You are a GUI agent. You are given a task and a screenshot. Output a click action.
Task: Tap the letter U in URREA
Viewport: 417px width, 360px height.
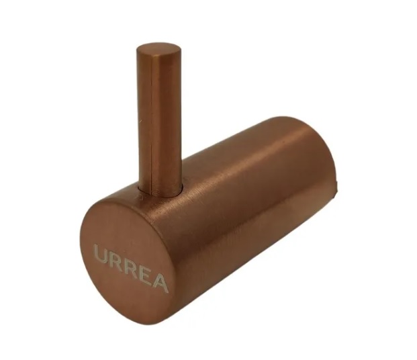(x=101, y=256)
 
